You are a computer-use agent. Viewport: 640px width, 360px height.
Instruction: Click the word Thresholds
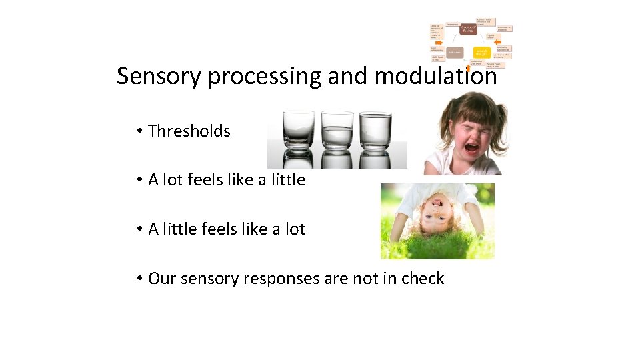click(189, 131)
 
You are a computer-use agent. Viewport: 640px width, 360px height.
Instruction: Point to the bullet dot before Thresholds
click(139, 131)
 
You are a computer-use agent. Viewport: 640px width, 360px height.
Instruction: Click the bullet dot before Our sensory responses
click(139, 279)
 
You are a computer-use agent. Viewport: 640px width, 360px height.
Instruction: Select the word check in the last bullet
click(423, 279)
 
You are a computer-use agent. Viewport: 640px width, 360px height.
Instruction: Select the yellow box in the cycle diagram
click(482, 51)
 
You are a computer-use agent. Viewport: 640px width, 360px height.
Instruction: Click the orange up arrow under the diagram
click(469, 67)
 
